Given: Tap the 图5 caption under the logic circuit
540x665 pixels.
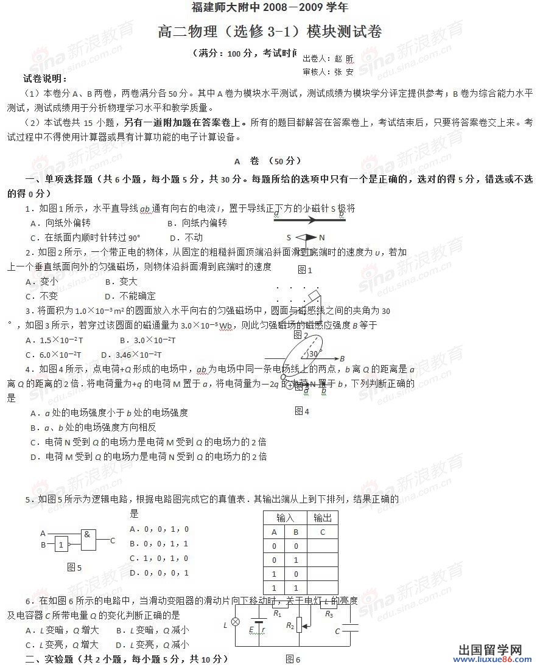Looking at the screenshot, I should (74, 567).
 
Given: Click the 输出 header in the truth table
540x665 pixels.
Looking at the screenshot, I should (322, 518).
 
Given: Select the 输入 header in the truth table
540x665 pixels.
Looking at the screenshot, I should (285, 518).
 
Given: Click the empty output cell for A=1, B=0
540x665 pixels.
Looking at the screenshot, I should (322, 574).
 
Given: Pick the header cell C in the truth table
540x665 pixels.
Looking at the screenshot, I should (322, 532).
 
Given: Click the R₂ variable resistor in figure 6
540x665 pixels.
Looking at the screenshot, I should (300, 625).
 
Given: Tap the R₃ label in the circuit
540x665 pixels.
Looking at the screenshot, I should (329, 615).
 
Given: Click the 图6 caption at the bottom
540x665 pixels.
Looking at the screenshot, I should (293, 659).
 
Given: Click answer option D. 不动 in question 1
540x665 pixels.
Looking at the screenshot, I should (186, 237).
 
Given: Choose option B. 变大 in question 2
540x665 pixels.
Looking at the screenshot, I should (121, 282).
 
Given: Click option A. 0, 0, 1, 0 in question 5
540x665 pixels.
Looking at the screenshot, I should (159, 529).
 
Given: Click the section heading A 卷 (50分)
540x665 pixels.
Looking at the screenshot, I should (268, 161).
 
